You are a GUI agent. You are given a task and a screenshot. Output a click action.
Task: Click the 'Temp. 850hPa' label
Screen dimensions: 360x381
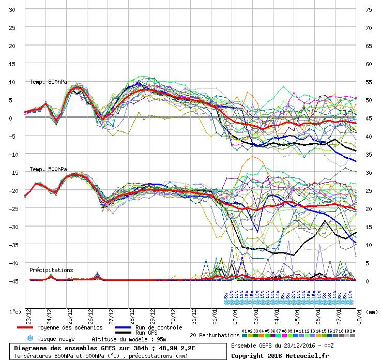[x=48, y=82]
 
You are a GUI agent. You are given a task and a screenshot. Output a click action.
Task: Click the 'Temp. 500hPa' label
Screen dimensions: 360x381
[x=48, y=169]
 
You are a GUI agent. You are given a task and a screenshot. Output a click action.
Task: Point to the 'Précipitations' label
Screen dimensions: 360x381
[x=51, y=270]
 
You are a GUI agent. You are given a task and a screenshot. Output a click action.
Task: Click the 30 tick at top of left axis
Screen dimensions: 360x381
[x=12, y=10]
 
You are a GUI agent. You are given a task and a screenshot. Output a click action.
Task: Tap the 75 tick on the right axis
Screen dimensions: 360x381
[x=369, y=10]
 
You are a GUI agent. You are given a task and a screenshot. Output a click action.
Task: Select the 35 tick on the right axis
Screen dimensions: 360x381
[x=369, y=155]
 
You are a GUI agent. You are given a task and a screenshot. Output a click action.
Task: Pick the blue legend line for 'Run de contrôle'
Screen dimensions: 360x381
[x=124, y=328]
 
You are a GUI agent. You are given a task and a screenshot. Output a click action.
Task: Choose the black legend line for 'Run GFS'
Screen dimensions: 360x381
[x=124, y=333]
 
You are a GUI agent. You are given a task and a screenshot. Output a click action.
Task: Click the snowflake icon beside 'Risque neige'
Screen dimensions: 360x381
[x=29, y=338]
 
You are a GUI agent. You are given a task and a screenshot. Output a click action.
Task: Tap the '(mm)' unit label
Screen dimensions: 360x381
[x=371, y=312]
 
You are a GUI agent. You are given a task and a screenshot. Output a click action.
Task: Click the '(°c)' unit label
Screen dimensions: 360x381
[x=15, y=312]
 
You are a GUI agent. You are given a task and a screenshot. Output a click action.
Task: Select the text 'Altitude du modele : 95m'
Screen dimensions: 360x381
[x=128, y=339]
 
